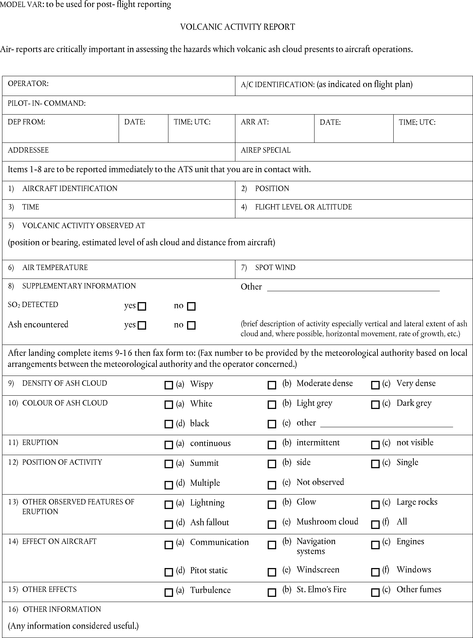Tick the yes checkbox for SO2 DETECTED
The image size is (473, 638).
[142, 306]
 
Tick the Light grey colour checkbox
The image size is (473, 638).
[272, 405]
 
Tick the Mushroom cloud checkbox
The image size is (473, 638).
[272, 524]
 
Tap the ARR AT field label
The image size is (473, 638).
[255, 122]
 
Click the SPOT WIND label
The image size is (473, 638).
[275, 267]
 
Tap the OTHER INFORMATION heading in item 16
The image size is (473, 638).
[62, 609]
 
